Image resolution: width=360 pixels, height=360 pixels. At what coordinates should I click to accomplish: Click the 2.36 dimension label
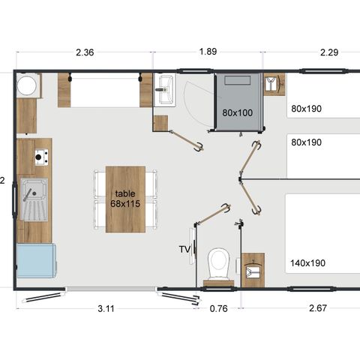point(85,52)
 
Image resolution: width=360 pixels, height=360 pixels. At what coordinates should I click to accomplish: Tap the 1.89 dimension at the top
point(208,52)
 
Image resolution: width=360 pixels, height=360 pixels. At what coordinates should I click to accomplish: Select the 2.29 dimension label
point(329,52)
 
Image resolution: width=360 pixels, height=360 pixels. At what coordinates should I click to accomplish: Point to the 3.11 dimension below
point(106,309)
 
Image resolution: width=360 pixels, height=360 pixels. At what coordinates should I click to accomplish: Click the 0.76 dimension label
point(219,309)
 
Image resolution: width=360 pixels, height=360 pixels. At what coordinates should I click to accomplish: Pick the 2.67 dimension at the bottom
point(318,308)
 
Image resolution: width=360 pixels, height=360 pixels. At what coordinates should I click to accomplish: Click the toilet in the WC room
point(219,264)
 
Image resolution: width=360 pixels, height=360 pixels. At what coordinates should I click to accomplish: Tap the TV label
point(184,249)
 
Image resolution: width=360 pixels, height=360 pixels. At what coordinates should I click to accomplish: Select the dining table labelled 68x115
point(125,199)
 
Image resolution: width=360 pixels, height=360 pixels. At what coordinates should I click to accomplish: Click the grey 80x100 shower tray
point(238,102)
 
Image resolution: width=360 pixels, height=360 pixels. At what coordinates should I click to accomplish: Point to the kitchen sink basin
point(34,199)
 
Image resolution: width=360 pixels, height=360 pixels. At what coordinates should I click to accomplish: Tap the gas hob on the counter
point(41,157)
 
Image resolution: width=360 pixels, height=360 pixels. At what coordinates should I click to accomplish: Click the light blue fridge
point(37,261)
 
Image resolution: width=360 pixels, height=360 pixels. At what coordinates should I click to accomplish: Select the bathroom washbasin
point(164,90)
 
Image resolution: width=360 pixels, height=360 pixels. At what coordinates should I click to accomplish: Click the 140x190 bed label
point(307,263)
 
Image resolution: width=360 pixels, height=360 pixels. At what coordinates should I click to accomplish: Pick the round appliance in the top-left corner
point(27,85)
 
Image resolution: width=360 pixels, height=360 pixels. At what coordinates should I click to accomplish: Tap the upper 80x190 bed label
point(306,109)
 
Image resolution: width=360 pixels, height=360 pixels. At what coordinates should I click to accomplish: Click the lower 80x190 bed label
point(306,142)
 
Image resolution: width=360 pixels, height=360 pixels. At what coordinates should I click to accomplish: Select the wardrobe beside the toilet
point(253,270)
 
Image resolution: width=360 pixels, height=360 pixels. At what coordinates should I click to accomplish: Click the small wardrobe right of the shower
point(274,84)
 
